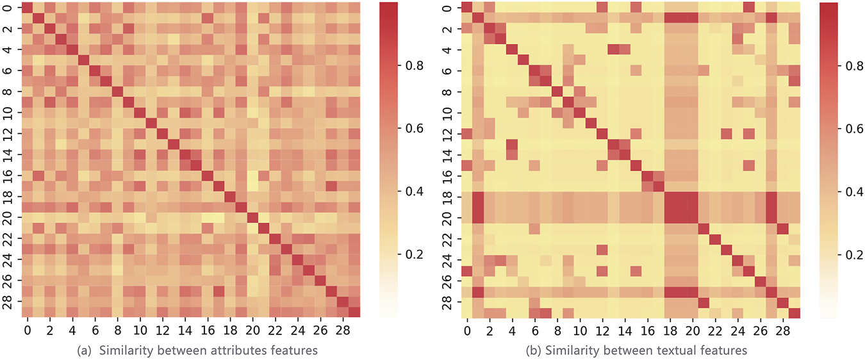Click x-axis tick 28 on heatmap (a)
[343, 329]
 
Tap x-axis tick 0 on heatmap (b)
[466, 329]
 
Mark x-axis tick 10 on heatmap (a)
[140, 329]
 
